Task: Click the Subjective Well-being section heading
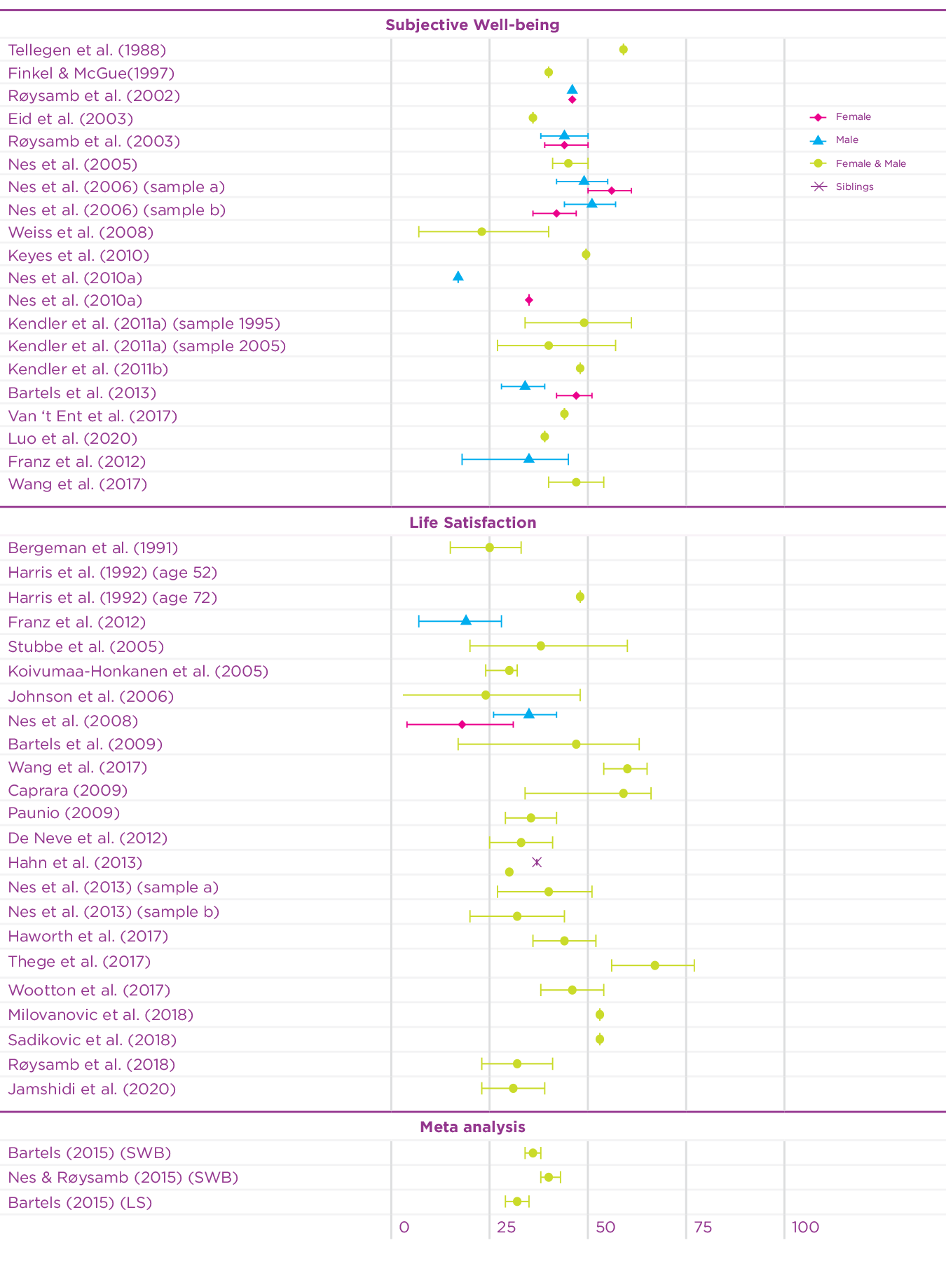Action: [x=472, y=25]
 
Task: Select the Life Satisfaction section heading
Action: [x=472, y=523]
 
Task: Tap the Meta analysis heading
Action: [x=472, y=1127]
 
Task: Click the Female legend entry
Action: [x=853, y=117]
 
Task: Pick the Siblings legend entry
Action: [x=854, y=187]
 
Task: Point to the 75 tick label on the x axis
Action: [x=703, y=1228]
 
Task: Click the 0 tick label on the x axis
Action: [x=404, y=1228]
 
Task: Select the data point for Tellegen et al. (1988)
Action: [x=623, y=50]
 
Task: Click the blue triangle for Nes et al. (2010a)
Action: [x=458, y=277]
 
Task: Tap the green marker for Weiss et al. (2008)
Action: [x=481, y=231]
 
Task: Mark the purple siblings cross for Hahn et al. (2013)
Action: [x=537, y=862]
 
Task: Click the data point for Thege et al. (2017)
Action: [x=654, y=965]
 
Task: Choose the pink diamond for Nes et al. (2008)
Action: [x=462, y=724]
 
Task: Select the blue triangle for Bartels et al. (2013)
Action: [x=525, y=386]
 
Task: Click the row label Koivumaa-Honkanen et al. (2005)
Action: [x=138, y=672]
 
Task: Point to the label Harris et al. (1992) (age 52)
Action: [x=113, y=573]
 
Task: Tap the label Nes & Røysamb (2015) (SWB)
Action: [x=123, y=1178]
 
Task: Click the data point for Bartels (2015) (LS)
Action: [x=517, y=1202]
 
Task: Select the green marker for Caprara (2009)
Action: [x=623, y=794]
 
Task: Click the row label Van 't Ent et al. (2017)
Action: [x=92, y=416]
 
